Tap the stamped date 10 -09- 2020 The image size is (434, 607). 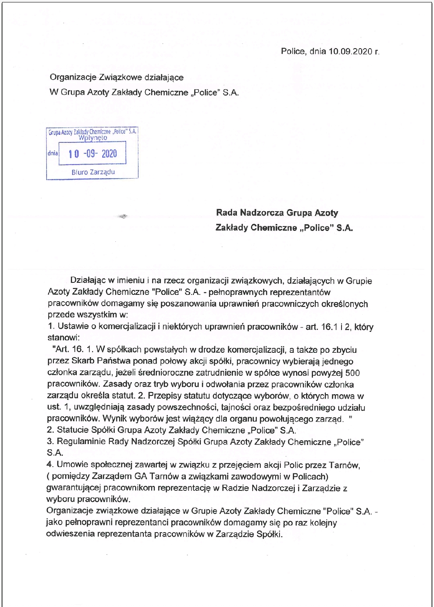[x=93, y=154]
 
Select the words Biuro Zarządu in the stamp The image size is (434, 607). [x=93, y=172]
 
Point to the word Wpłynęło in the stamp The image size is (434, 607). [x=93, y=138]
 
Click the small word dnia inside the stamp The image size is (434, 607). [x=53, y=153]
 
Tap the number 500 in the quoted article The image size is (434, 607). [x=353, y=373]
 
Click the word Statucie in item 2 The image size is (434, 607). [x=72, y=430]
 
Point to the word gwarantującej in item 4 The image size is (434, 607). [x=73, y=488]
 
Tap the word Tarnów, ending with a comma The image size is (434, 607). [x=344, y=465]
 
